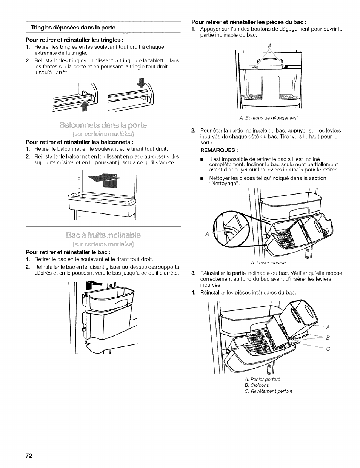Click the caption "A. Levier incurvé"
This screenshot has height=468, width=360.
pos(271,263)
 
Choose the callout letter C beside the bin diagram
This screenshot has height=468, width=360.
pos(328,349)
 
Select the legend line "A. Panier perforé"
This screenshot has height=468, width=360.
pos(263,379)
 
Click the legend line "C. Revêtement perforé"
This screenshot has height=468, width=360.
pos(268,391)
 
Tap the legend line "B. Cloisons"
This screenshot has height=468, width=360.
pos(257,385)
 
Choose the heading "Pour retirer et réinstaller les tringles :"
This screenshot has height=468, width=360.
pos(75,40)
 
